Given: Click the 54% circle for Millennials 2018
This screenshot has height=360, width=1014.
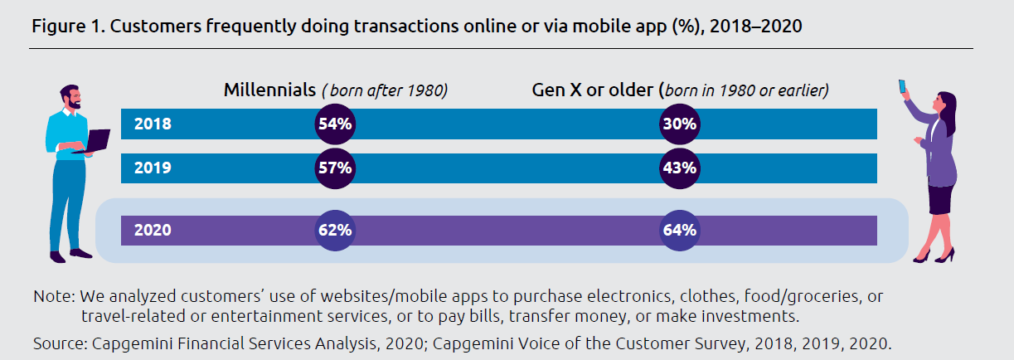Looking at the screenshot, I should coord(335,124).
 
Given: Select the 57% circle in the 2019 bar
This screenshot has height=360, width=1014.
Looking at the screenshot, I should coord(335,168).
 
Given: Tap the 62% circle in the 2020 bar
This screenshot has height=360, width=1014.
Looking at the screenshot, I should coord(335,230).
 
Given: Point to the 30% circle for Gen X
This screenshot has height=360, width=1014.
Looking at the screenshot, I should coord(679,124).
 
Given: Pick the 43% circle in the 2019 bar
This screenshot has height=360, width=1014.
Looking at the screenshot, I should coord(679,168).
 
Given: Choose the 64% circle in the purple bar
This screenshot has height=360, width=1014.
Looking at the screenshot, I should coord(679,230).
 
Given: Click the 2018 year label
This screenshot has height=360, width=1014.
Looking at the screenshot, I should coord(152,124).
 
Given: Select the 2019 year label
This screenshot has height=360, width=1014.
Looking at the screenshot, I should coord(152,168).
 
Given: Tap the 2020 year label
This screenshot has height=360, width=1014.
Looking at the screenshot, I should coord(152,230).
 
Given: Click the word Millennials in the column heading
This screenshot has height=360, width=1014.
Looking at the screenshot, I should coord(269,90).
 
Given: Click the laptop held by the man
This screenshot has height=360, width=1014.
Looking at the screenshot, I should coord(96,142).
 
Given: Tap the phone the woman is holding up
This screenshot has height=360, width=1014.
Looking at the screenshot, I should coord(902,86).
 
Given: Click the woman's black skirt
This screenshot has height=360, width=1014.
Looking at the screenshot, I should coord(940,198).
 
